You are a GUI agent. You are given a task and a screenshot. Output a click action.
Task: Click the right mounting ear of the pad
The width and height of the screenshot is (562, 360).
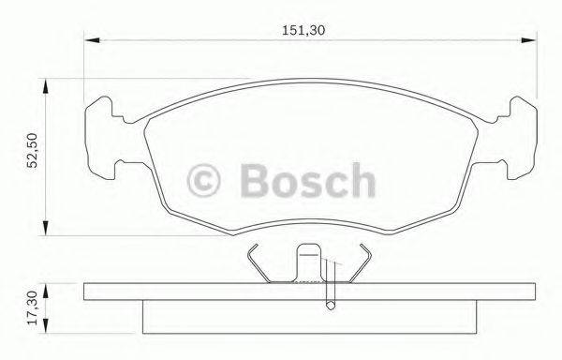(x=514, y=141)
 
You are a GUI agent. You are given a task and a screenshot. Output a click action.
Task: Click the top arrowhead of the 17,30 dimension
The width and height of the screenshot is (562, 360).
(x=45, y=284)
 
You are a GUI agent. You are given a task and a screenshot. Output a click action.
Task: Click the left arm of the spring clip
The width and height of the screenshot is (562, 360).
(x=259, y=264)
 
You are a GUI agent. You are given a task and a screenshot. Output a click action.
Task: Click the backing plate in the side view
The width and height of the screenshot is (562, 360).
(x=309, y=292)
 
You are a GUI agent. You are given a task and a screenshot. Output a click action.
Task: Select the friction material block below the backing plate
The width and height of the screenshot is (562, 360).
(x=309, y=317)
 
